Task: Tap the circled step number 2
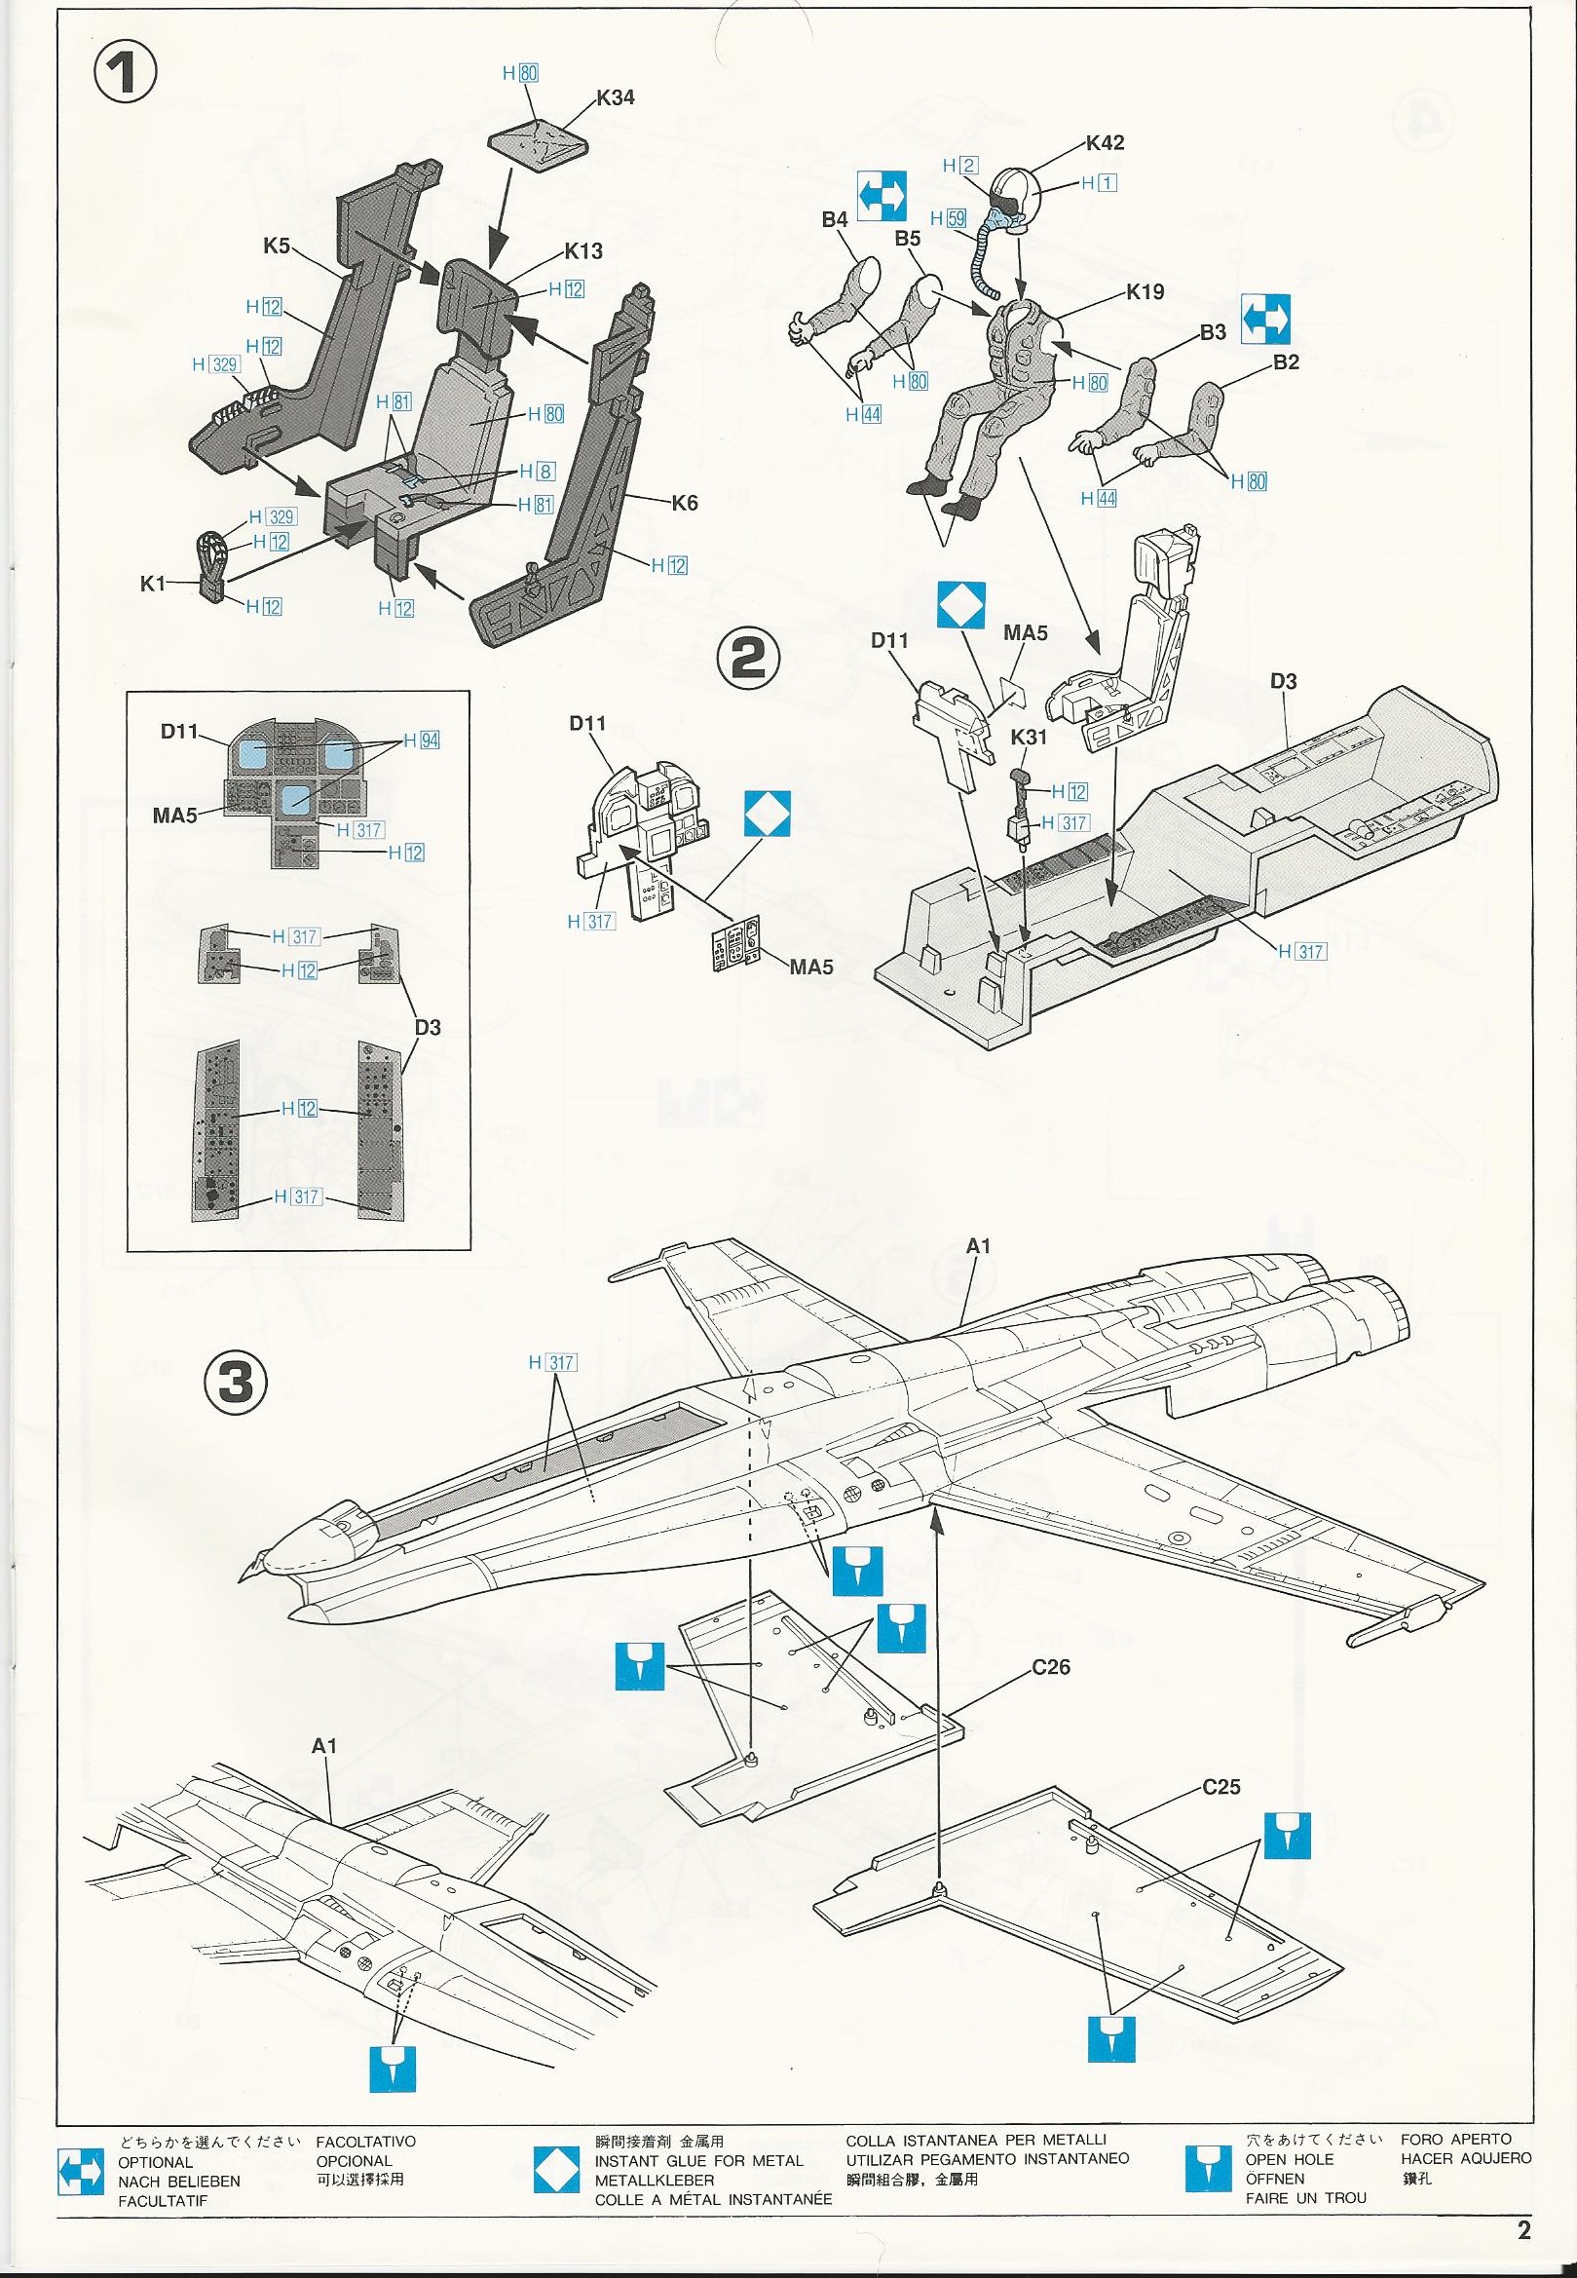[x=748, y=660]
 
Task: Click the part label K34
[x=615, y=97]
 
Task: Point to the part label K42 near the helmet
[x=1104, y=142]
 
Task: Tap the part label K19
[x=1145, y=292]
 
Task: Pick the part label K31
[x=1029, y=737]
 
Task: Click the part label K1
[x=153, y=584]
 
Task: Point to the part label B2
[x=1286, y=362]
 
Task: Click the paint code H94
[x=420, y=740]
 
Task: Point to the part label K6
[x=684, y=503]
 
